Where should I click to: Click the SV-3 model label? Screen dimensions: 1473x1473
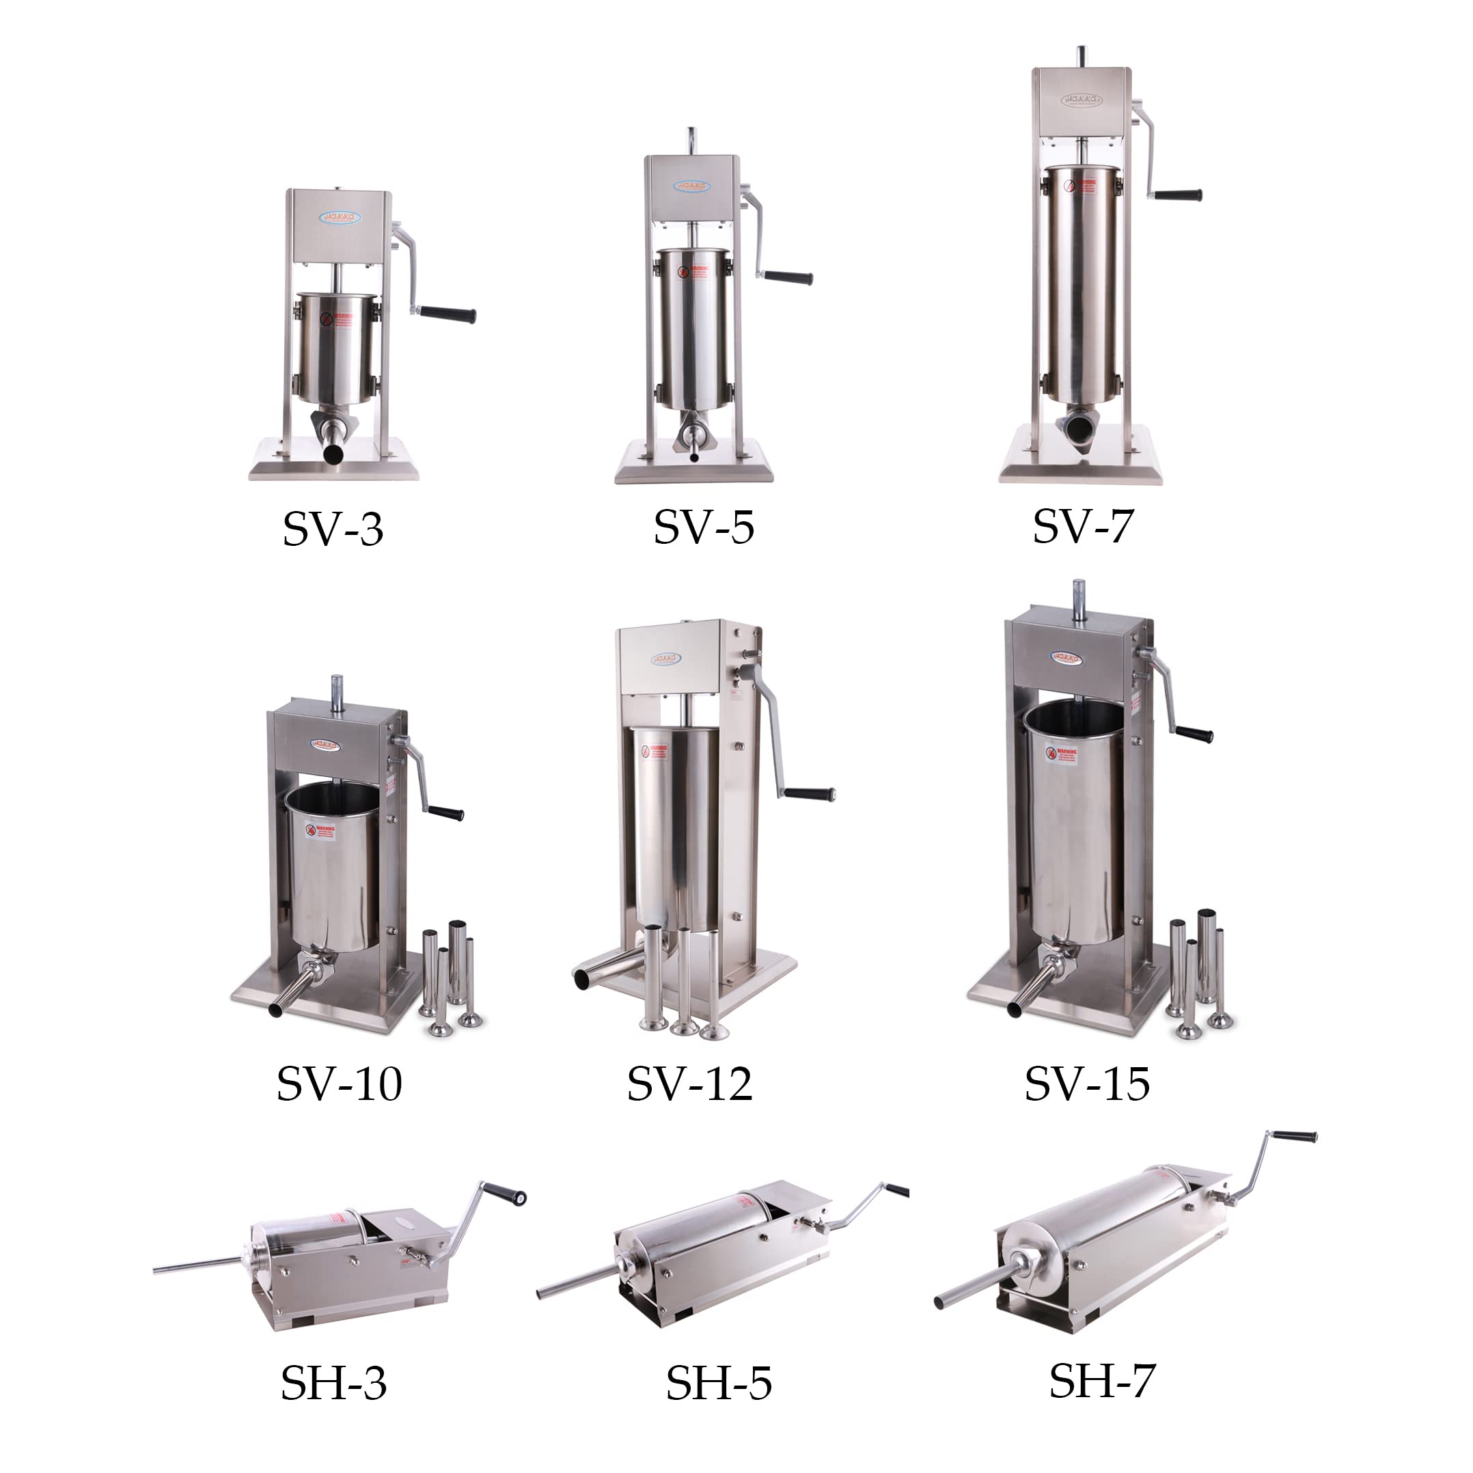coord(333,528)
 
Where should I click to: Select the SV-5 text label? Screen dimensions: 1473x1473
coord(704,527)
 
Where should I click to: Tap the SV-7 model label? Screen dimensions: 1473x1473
coord(1083,525)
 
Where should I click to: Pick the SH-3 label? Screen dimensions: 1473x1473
coord(334,1383)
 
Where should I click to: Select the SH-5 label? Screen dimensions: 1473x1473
coord(718,1383)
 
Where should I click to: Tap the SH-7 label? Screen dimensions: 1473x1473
coord(1102,1381)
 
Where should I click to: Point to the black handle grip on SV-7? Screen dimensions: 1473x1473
coord(1177,195)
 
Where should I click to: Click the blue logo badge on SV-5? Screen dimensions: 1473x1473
coord(691,186)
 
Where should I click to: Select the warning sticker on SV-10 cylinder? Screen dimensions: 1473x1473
coord(322,831)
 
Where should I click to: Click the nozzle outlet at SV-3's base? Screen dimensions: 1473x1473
coord(333,454)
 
